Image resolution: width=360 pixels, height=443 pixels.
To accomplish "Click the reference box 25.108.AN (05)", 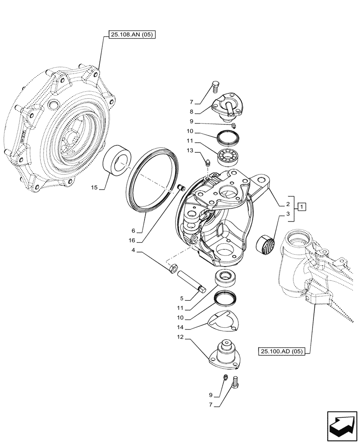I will pyautogui.click(x=130, y=35).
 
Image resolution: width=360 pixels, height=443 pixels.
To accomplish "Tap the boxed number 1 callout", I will pyautogui.click(x=301, y=206).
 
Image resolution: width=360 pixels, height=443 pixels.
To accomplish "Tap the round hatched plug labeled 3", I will pyautogui.click(x=266, y=244).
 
